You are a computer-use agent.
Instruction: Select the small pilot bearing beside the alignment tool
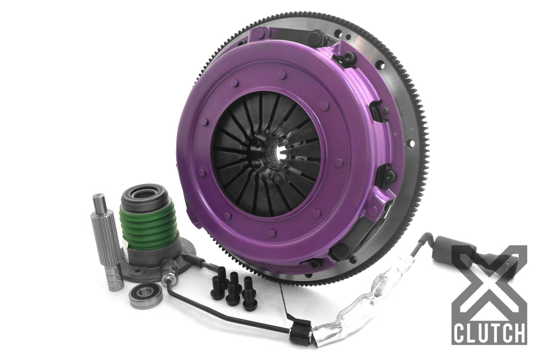pyautogui.click(x=145, y=295)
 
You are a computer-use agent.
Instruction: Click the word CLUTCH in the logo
pyautogui.click(x=489, y=333)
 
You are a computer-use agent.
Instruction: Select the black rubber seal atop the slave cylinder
pyautogui.click(x=143, y=194)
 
